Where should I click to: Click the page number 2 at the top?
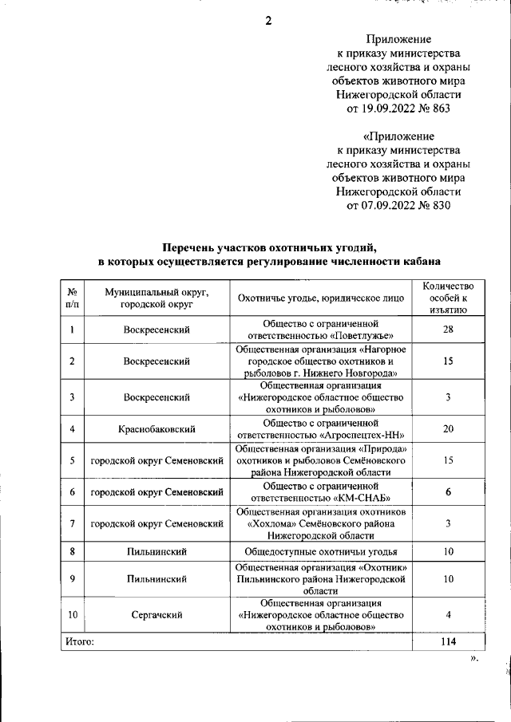[x=268, y=22]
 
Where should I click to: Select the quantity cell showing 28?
[x=448, y=330]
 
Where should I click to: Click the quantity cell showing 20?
[x=448, y=428]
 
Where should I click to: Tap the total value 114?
[x=448, y=641]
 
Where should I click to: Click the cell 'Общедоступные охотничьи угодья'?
[x=320, y=551]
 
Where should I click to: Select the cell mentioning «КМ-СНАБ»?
[x=320, y=491]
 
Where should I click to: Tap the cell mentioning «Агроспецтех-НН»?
[x=320, y=428]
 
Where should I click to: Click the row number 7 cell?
[x=72, y=523]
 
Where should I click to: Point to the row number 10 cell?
[x=72, y=615]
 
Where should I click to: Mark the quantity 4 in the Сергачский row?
[x=448, y=615]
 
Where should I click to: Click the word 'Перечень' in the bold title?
[x=190, y=247]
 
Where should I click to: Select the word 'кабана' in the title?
[x=418, y=262]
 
